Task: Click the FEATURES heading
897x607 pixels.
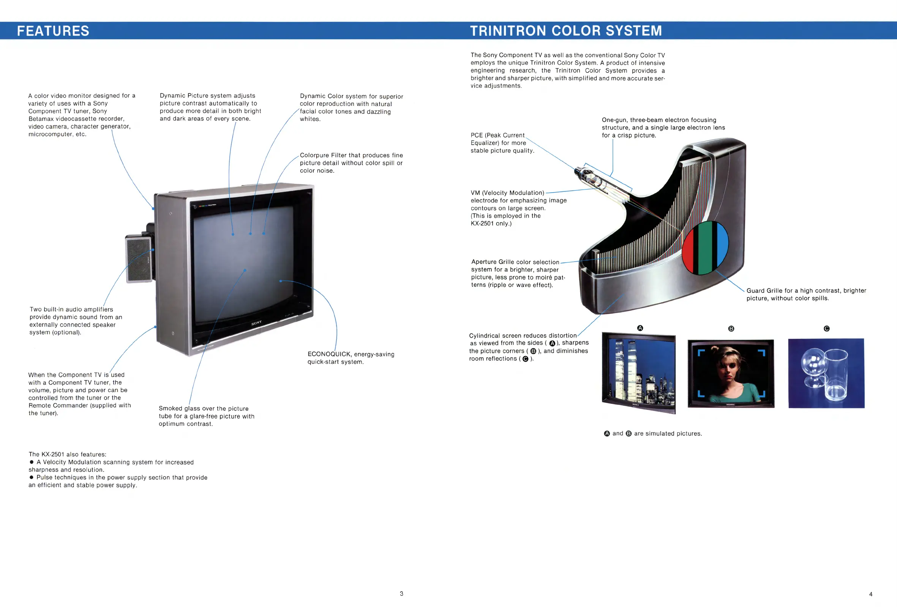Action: (53, 31)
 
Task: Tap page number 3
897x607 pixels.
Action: (401, 593)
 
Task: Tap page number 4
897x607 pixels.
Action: (870, 594)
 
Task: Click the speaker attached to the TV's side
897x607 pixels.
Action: (139, 259)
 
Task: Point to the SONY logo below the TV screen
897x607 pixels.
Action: (256, 323)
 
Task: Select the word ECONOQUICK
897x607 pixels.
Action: (329, 354)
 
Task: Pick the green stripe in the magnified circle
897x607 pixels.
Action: (705, 247)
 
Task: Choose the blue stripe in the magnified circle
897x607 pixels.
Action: (722, 243)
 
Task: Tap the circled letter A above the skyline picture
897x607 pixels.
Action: (640, 328)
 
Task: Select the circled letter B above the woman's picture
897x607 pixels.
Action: (731, 329)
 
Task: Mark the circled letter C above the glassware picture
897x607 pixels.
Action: (826, 329)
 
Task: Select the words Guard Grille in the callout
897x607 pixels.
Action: (764, 291)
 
